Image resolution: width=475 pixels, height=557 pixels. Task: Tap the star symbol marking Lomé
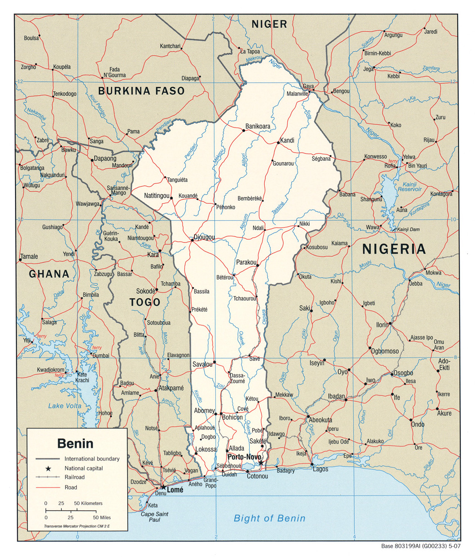[163, 487]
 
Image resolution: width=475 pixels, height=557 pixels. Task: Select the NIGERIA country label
[394, 249]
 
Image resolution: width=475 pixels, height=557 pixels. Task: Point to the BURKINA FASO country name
[142, 91]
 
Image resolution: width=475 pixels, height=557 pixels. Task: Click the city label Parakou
[247, 262]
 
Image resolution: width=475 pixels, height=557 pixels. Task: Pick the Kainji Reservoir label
[410, 186]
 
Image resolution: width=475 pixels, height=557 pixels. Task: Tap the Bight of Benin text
[269, 518]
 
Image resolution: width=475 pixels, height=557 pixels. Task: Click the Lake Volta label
[65, 406]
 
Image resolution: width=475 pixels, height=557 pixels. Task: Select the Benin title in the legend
[75, 443]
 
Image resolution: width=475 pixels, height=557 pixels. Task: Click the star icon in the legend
[48, 468]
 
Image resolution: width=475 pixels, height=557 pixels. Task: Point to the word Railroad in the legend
[74, 478]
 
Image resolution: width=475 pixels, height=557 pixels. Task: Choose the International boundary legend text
[92, 459]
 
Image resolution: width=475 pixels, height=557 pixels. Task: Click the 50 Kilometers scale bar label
[88, 503]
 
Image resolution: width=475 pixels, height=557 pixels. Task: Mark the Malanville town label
[297, 94]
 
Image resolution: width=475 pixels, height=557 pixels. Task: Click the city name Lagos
[320, 469]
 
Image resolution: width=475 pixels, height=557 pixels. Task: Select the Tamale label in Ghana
[30, 256]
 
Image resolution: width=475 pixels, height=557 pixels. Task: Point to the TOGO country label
[144, 302]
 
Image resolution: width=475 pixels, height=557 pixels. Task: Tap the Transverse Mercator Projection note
[77, 527]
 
